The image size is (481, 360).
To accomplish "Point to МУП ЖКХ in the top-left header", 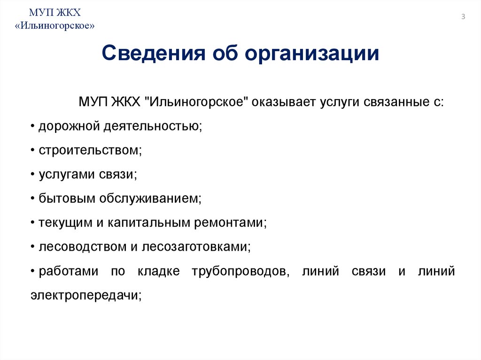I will coord(56,12).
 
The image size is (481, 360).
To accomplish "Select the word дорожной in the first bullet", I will coord(62,126).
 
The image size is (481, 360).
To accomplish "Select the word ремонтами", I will coord(229,222).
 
